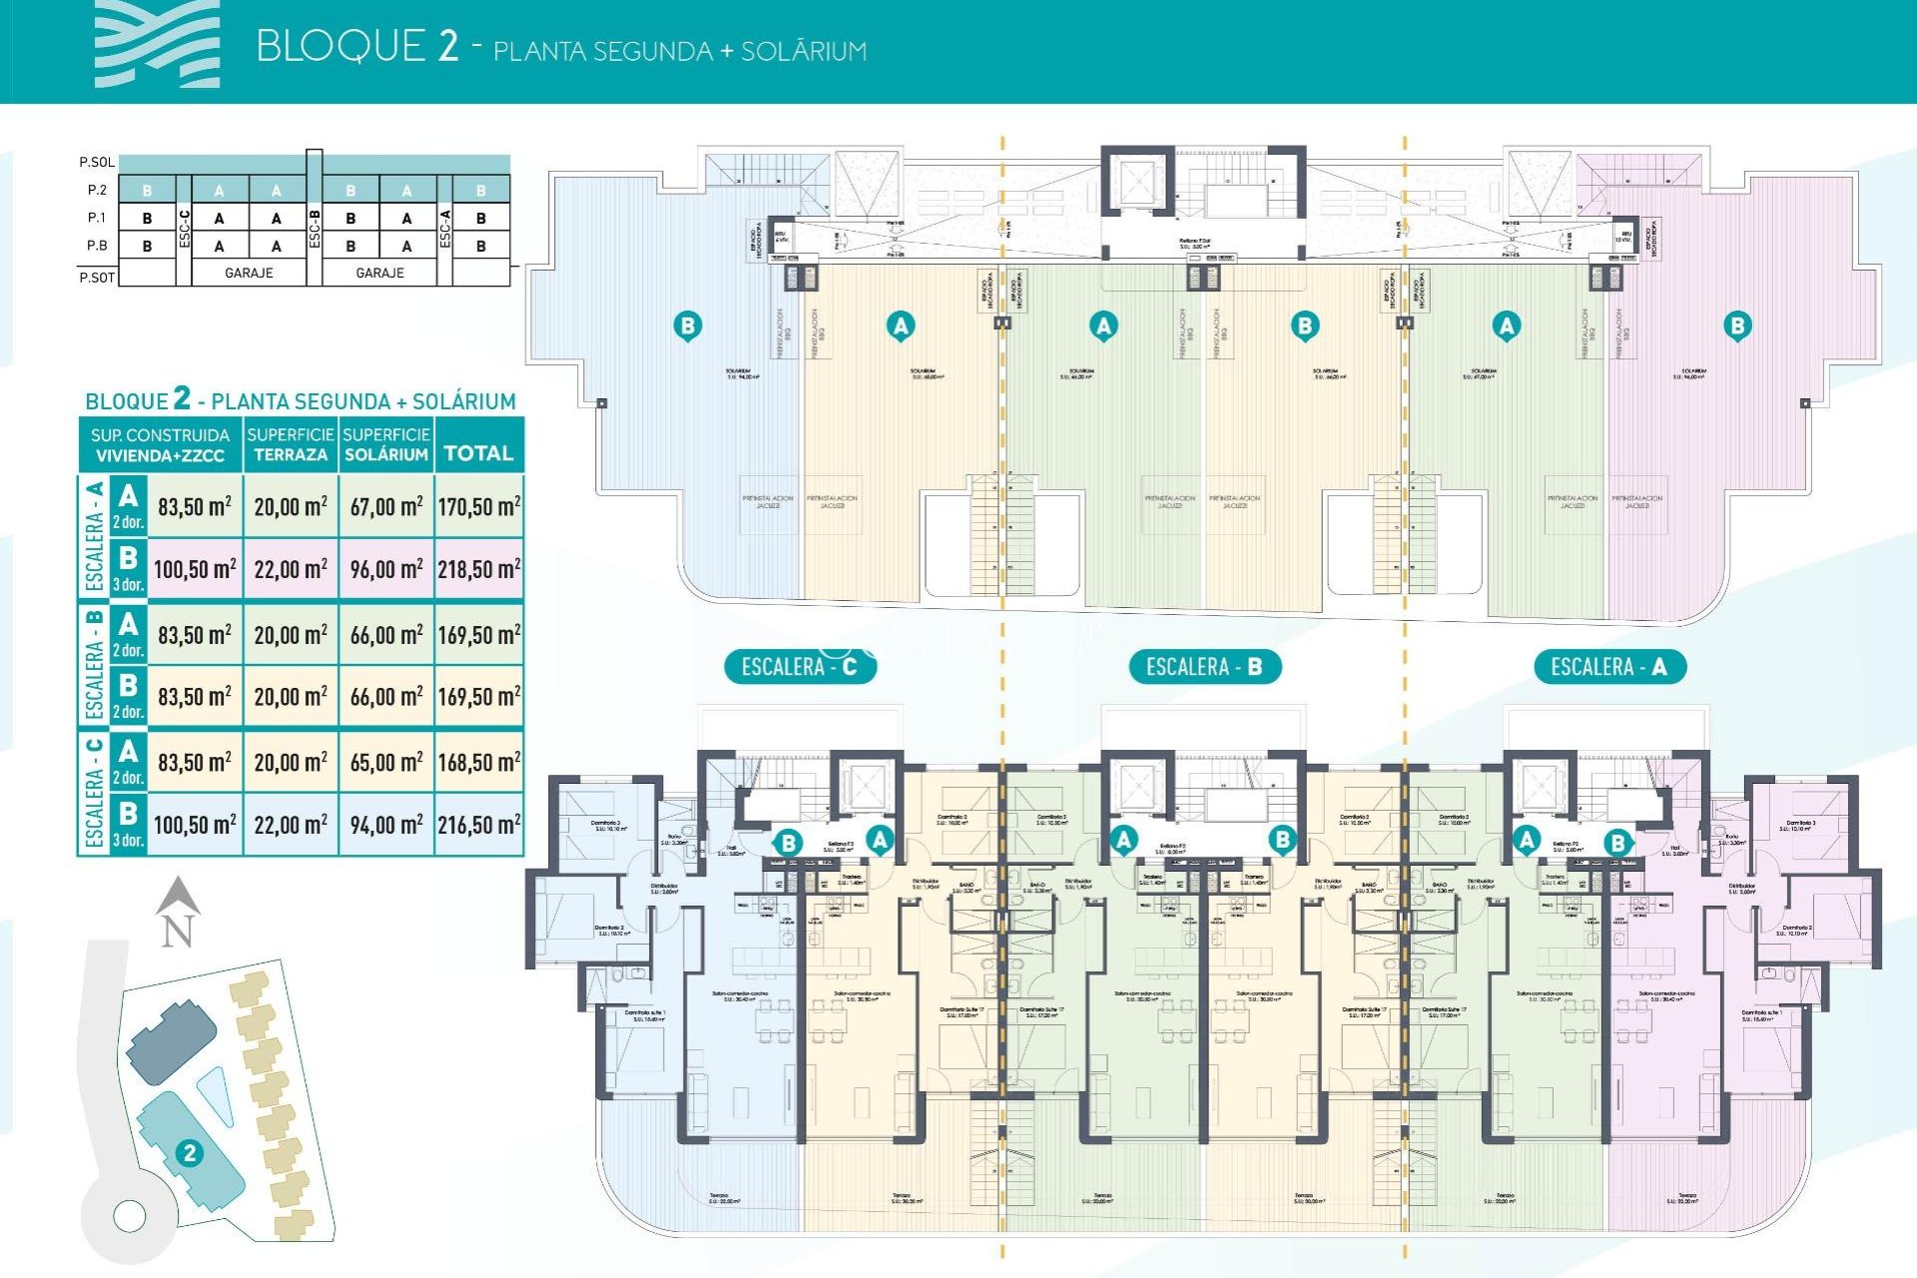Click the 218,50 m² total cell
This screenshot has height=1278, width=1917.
click(478, 569)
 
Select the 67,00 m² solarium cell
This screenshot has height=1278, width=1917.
click(385, 506)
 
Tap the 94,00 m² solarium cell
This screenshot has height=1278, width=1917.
click(385, 825)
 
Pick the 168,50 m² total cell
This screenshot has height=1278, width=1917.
click(478, 763)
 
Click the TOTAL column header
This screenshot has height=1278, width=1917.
click(478, 453)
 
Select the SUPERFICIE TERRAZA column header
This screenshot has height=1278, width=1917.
click(291, 444)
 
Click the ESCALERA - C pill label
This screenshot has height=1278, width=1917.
click(800, 667)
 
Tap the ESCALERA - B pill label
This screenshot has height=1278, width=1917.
click(1204, 667)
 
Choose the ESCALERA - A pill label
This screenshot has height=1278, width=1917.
click(1608, 667)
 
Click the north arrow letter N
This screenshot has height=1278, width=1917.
click(177, 932)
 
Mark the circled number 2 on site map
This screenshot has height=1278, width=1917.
click(189, 1153)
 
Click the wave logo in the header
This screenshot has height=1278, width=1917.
click(157, 45)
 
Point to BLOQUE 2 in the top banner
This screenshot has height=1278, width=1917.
click(356, 47)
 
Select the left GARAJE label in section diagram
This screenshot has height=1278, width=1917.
click(249, 273)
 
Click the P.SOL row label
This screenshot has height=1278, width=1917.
click(97, 162)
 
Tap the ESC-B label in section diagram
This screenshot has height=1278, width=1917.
click(315, 228)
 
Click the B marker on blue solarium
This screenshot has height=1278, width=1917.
click(687, 325)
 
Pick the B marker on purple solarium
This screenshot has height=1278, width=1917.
click(1737, 325)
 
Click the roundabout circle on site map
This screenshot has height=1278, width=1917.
click(130, 1215)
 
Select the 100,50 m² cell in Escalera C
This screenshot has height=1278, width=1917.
click(195, 825)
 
